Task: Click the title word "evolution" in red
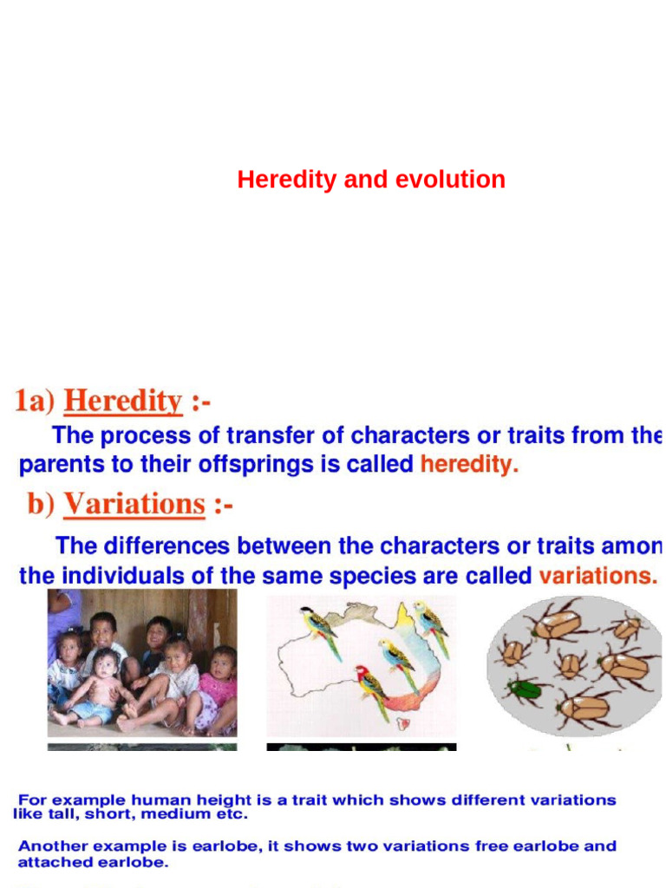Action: [x=450, y=180]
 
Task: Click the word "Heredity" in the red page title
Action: [x=286, y=180]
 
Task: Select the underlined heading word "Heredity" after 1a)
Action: [x=123, y=402]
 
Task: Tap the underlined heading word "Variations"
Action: [x=134, y=504]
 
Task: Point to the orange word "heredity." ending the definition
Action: [x=469, y=464]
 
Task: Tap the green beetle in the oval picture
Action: [x=527, y=689]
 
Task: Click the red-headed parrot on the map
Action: [x=372, y=689]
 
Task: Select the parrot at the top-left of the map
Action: [x=319, y=629]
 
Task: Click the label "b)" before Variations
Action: [x=40, y=504]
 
